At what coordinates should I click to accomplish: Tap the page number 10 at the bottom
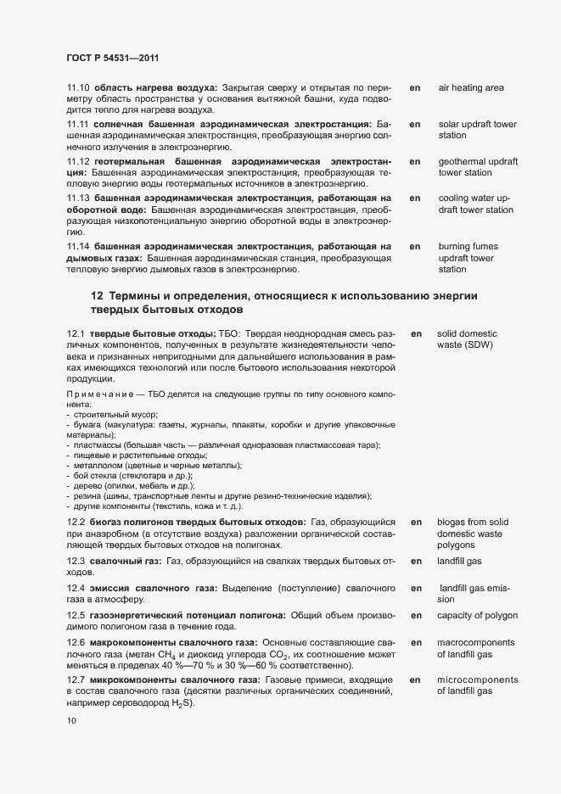[71, 721]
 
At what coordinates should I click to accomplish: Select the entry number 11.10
[77, 87]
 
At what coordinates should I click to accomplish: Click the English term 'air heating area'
[471, 87]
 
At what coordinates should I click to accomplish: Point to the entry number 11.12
[77, 161]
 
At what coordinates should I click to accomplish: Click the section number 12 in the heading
[97, 295]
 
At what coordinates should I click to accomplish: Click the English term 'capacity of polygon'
[477, 615]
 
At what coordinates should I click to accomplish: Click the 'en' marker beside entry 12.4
[416, 588]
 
